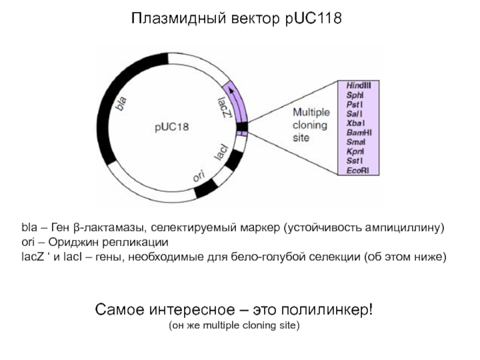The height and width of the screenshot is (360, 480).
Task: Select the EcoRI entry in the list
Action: click(x=358, y=171)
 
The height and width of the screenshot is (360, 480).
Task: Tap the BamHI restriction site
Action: click(x=359, y=133)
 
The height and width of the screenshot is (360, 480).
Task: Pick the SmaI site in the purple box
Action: click(x=355, y=142)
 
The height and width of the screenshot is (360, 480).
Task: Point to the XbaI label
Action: click(x=355, y=123)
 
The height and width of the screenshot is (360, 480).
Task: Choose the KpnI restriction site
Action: click(x=355, y=152)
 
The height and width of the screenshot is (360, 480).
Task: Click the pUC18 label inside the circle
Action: click(x=171, y=127)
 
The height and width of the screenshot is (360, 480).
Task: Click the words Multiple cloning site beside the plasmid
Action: click(x=310, y=125)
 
